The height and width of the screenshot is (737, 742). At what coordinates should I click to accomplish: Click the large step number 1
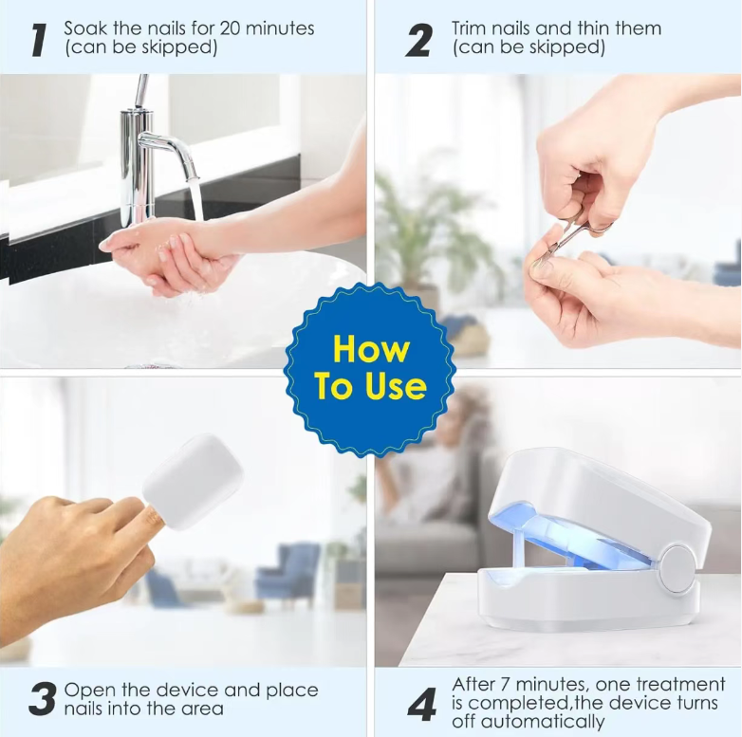pos(39,41)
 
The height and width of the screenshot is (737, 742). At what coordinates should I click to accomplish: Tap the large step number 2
pos(418,41)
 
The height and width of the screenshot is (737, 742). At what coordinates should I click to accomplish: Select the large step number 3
pos(42,698)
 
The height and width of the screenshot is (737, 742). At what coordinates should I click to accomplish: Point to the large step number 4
pos(422,705)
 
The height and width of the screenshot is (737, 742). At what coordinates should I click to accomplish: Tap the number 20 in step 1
pos(230,28)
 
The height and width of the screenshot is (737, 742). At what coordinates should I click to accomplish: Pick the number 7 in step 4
pos(505,685)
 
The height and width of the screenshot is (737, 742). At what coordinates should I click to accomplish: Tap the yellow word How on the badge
pos(371,349)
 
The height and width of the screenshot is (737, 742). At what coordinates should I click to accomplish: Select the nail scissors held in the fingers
pos(575,234)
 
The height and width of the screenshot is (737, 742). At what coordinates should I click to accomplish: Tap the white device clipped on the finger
pos(193,482)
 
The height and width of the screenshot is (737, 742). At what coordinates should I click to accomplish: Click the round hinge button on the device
pos(677,568)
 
